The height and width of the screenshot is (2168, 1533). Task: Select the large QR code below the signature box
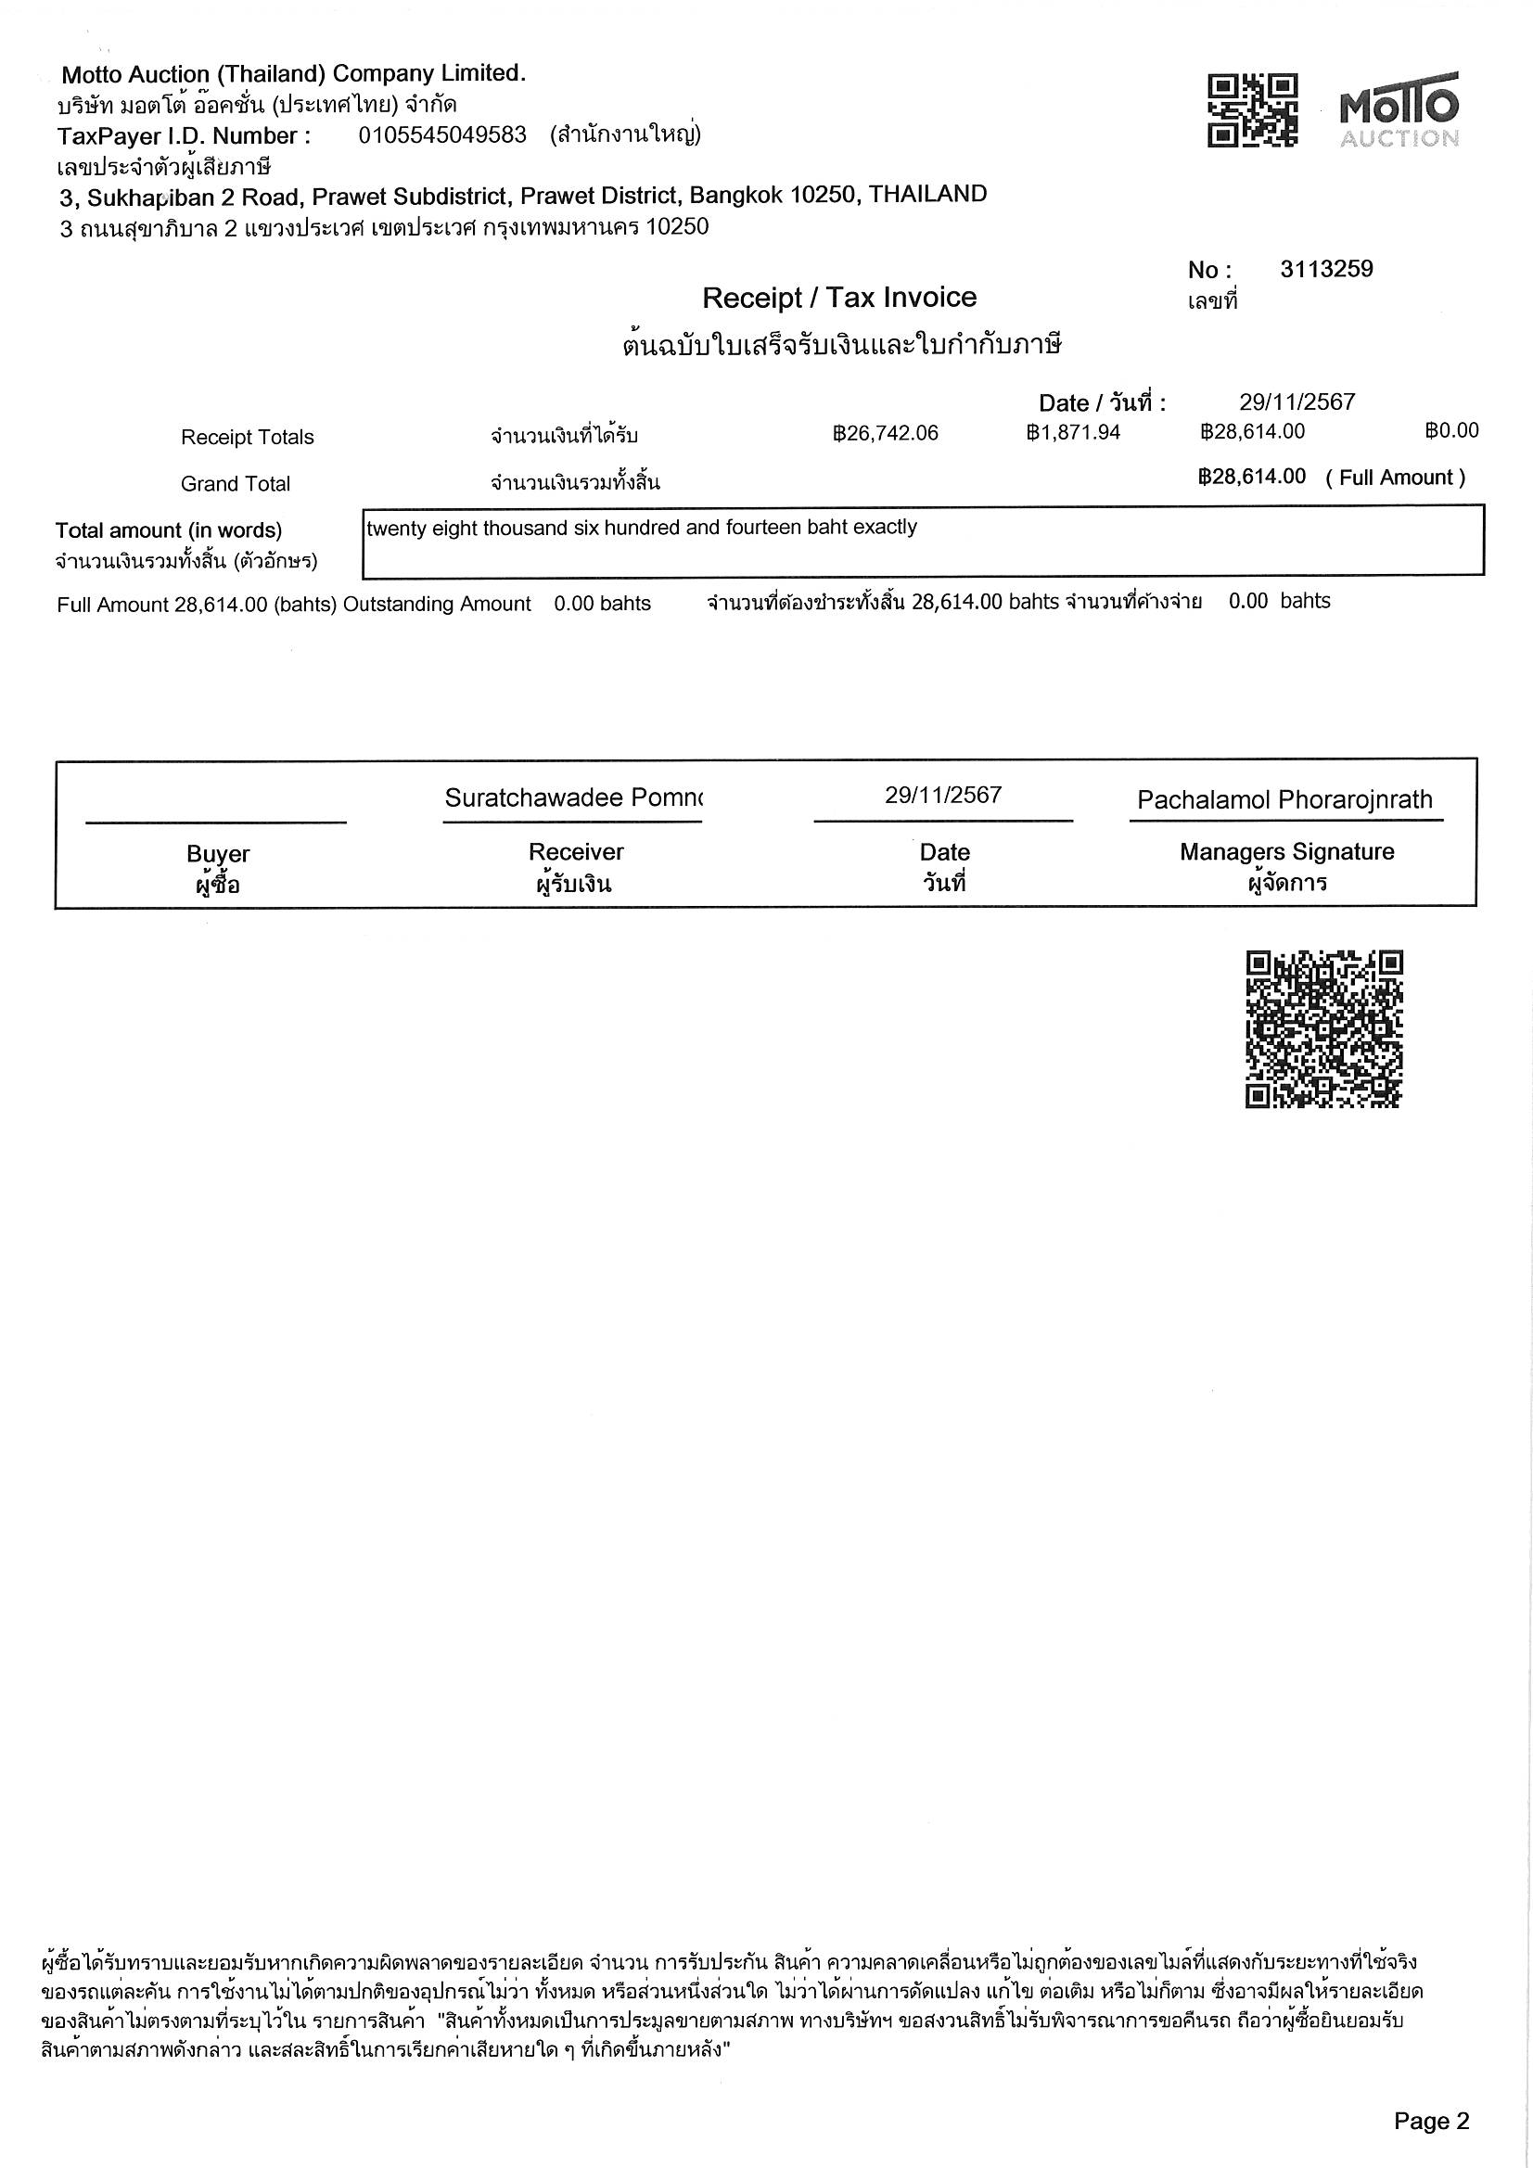1323,1029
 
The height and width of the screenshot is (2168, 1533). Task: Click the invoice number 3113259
1326,269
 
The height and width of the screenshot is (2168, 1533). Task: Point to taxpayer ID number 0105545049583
442,135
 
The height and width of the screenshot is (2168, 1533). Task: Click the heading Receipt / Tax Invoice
838,298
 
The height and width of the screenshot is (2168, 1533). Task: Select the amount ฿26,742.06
885,432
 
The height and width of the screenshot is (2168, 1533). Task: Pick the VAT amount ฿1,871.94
1073,432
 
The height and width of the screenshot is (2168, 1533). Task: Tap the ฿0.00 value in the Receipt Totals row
1451,430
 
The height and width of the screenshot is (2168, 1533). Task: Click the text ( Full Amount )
1395,477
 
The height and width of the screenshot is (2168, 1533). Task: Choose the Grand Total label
236,483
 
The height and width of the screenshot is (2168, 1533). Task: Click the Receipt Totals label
247,437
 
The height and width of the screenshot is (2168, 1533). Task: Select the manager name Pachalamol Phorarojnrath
1284,799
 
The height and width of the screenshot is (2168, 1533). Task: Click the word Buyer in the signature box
218,854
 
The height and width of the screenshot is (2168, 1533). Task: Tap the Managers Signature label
1286,851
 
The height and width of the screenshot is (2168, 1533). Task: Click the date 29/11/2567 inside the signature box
942,795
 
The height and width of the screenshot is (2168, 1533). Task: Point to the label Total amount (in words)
168,529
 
